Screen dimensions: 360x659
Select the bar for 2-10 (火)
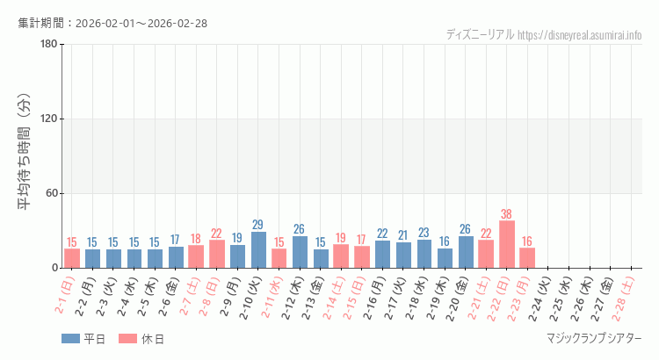[258, 250]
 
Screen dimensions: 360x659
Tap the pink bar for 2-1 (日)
[72, 258]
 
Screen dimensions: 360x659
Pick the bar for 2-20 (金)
[466, 252]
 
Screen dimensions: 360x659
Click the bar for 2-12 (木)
[300, 252]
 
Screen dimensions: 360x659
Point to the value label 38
[507, 213]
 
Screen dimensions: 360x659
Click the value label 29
[258, 225]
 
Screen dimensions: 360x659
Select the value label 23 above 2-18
[424, 233]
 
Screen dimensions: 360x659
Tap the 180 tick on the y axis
[48, 45]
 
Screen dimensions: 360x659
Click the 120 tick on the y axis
[48, 119]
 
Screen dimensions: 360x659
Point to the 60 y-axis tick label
[51, 194]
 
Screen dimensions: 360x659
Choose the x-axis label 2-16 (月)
[379, 297]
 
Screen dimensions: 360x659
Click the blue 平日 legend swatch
[71, 339]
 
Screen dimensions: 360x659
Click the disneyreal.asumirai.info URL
[580, 35]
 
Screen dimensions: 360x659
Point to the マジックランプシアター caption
[594, 339]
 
